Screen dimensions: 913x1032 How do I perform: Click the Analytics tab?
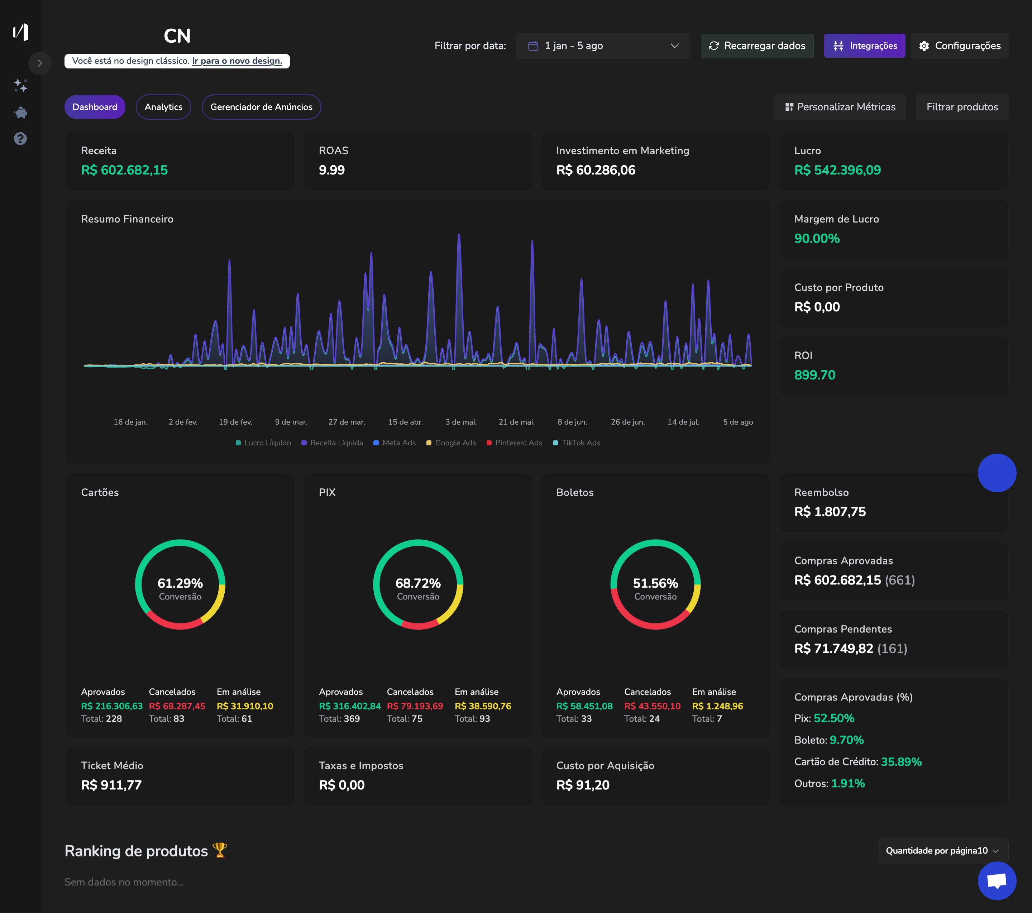point(163,107)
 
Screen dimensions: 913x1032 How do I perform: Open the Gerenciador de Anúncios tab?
point(261,107)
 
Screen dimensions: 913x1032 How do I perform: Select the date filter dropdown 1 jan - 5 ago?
point(602,46)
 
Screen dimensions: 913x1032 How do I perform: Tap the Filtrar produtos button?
point(962,107)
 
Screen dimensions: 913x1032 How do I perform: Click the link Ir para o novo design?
point(237,61)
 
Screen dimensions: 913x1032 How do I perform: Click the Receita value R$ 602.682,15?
point(124,170)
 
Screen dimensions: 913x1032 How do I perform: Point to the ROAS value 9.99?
point(332,170)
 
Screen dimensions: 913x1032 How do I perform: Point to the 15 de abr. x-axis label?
point(405,422)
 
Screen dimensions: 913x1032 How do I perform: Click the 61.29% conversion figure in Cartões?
point(180,583)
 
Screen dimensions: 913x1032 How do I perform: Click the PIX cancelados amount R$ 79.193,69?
point(415,706)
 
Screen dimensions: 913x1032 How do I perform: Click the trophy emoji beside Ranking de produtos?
point(220,850)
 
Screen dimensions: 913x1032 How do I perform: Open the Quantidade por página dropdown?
point(942,851)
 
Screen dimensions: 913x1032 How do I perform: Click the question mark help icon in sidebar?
point(20,138)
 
